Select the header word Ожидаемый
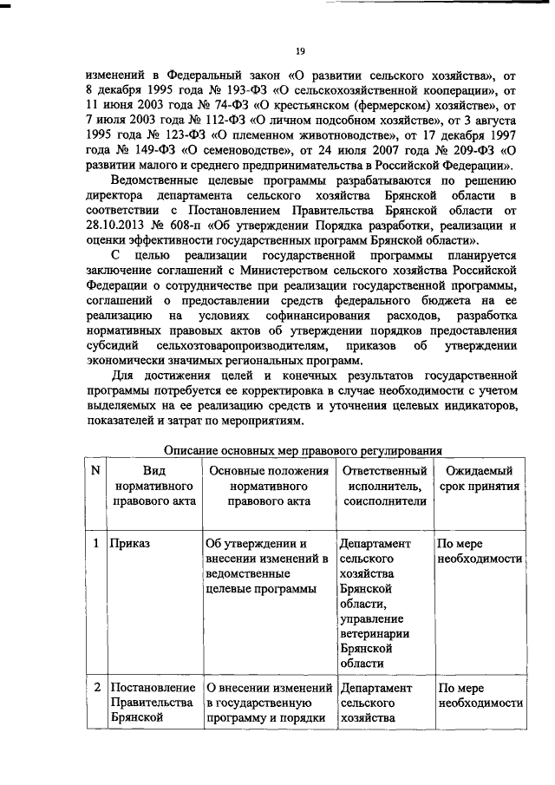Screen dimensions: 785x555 point(479,470)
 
